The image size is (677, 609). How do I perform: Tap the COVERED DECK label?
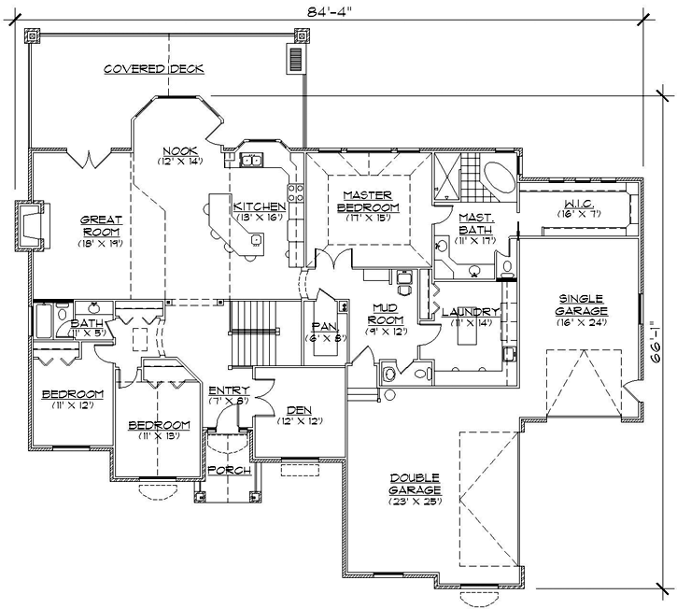[154, 69]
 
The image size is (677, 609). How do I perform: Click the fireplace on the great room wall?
[30, 226]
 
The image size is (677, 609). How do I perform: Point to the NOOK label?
[179, 151]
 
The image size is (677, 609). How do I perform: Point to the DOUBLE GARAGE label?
[416, 484]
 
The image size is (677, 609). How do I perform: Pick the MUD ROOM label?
[385, 312]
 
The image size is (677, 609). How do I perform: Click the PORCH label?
[229, 470]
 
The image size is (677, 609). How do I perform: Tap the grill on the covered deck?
[296, 60]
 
